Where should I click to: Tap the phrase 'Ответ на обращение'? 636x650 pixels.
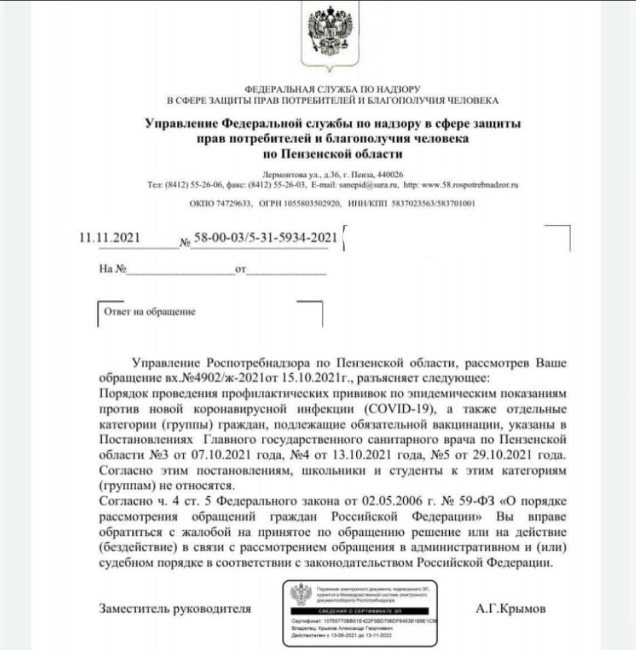pos(150,311)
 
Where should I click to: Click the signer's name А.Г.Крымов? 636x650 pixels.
pos(510,609)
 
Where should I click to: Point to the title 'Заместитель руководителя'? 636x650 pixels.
pos(175,609)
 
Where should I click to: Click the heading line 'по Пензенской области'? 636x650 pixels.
pos(333,155)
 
